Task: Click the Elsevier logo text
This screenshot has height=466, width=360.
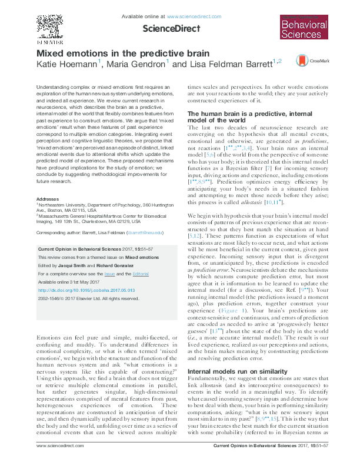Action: tap(49, 42)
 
